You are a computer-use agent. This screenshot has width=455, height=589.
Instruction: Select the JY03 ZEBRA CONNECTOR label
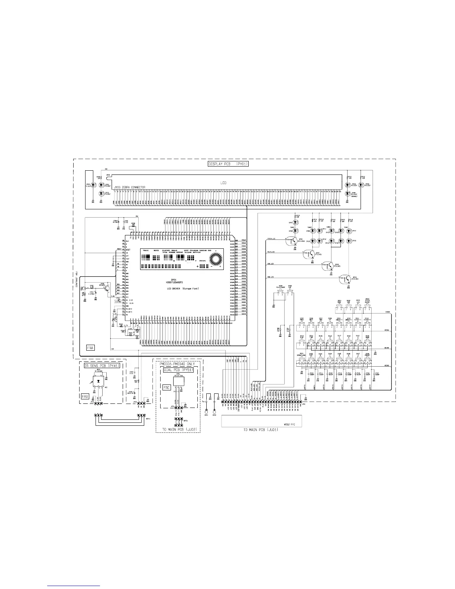coord(125,187)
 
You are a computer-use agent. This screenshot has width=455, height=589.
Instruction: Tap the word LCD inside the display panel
coord(223,183)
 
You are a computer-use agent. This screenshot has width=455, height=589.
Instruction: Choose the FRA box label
coord(90,348)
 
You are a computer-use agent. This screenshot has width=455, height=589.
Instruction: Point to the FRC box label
coord(167,387)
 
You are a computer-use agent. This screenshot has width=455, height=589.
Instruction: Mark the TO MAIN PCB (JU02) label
coord(180,429)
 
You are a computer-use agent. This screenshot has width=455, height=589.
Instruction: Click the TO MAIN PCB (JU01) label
coord(261,429)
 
